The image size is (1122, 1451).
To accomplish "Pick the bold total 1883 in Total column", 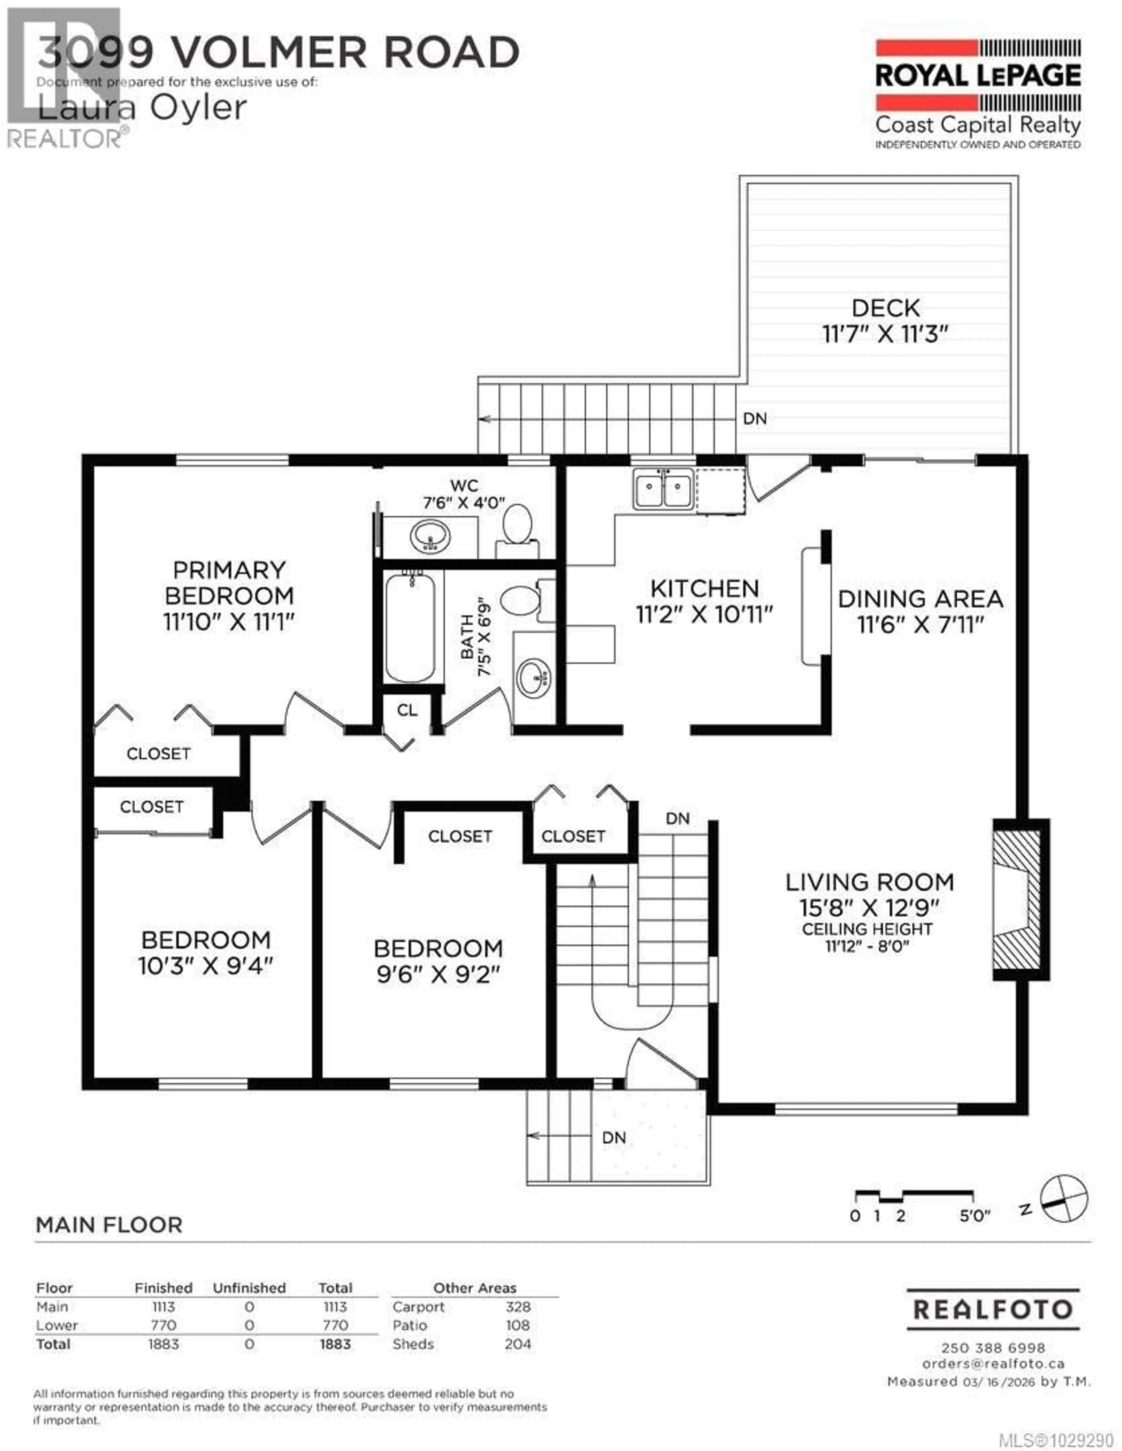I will [x=335, y=1344].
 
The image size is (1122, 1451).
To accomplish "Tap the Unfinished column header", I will [x=249, y=1288].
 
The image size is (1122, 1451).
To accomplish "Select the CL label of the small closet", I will [x=407, y=710].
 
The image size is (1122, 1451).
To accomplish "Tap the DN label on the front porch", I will [x=614, y=1138].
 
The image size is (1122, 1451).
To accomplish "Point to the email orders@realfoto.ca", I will [x=993, y=1363].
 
